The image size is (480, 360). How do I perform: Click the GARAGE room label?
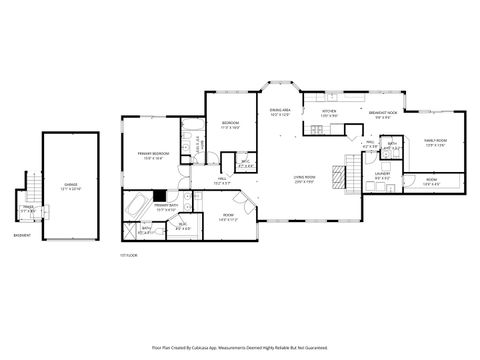pyautogui.click(x=71, y=185)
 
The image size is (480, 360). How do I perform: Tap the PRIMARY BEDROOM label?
pyautogui.click(x=151, y=153)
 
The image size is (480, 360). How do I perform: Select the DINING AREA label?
pyautogui.click(x=281, y=110)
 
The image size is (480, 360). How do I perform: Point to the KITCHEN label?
pyautogui.click(x=328, y=113)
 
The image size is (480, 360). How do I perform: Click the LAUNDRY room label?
pyautogui.click(x=382, y=174)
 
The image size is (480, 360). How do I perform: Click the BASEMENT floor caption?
pyautogui.click(x=21, y=236)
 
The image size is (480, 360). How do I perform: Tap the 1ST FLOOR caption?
pyautogui.click(x=127, y=256)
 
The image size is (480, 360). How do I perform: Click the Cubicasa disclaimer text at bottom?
pyautogui.click(x=240, y=349)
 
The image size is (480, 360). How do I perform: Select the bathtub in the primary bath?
pyautogui.click(x=134, y=209)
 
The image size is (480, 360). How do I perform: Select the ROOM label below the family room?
pyautogui.click(x=431, y=182)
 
